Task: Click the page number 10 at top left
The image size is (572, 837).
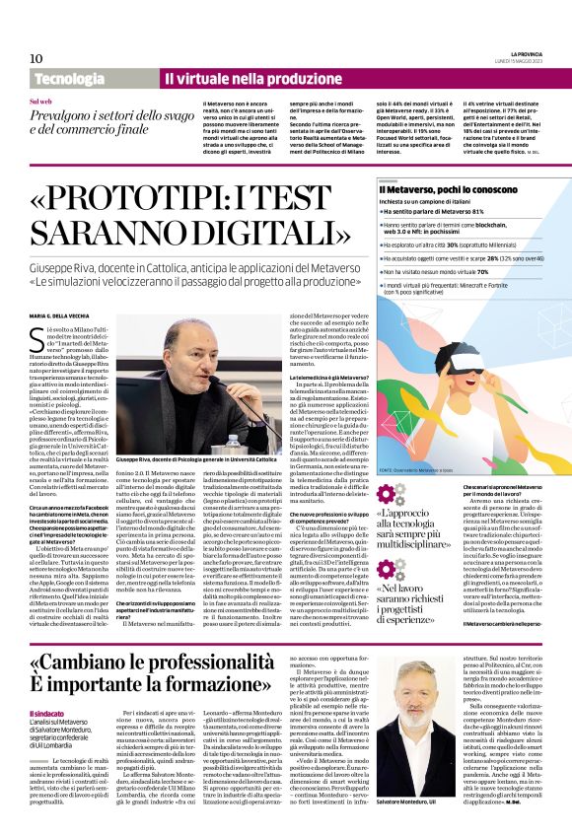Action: point(36,59)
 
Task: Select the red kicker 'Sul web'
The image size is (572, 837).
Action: point(40,102)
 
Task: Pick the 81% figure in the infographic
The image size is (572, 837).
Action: point(474,212)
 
